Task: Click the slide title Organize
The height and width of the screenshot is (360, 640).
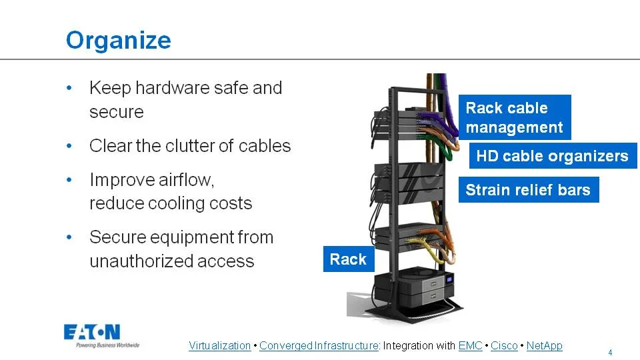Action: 118,40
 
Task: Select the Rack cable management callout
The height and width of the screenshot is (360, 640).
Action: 514,117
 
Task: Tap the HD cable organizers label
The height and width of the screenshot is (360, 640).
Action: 552,157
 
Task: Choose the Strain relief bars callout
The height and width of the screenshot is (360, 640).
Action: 527,190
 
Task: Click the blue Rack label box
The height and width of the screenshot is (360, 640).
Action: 348,259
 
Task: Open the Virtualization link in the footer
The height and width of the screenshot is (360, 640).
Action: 219,345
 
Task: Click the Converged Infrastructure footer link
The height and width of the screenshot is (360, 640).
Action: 319,345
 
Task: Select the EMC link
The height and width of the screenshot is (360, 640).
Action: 470,345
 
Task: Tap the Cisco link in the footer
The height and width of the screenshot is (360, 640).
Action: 504,345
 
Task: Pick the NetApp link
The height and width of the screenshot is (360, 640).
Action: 544,345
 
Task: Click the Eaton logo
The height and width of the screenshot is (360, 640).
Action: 92,333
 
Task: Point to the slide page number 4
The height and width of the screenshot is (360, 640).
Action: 610,352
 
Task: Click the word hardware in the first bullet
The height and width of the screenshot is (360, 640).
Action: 164,88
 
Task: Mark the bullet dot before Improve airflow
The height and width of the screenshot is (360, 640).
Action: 71,181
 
